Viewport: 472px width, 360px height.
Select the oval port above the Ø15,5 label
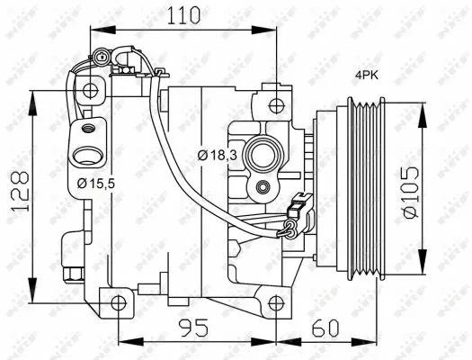87,154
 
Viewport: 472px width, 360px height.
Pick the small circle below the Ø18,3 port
263,187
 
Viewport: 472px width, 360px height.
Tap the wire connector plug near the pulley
290,227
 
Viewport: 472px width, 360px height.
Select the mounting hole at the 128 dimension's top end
88,91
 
